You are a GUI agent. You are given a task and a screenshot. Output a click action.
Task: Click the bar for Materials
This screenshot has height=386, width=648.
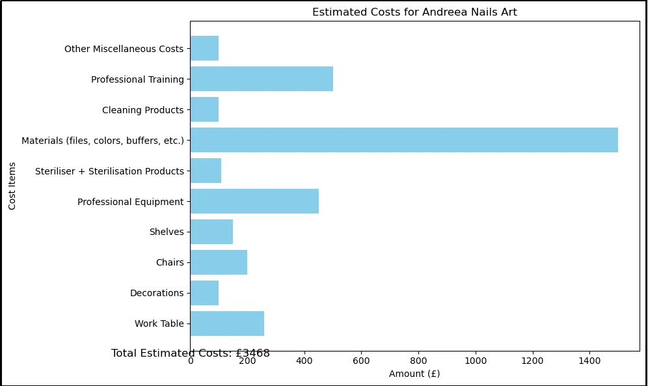pyautogui.click(x=403, y=140)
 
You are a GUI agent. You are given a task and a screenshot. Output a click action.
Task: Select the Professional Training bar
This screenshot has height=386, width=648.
pyautogui.click(x=262, y=79)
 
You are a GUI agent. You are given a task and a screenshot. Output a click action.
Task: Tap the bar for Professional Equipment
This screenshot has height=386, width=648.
pyautogui.click(x=254, y=201)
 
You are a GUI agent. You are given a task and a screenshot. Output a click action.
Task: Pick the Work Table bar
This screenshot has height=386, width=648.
pyautogui.click(x=227, y=324)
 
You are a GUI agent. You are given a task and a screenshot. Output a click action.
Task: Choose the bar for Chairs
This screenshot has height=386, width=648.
pyautogui.click(x=219, y=262)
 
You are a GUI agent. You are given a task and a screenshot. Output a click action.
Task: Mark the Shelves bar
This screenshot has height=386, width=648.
pyautogui.click(x=211, y=232)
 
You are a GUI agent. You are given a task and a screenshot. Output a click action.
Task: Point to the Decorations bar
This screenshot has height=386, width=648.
pyautogui.click(x=204, y=293)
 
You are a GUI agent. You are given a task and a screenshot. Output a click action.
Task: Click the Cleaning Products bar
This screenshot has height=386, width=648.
pyautogui.click(x=204, y=109)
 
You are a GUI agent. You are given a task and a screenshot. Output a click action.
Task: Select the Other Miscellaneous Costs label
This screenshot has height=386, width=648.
pyautogui.click(x=124, y=49)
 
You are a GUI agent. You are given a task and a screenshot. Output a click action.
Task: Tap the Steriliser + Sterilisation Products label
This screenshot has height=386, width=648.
pyautogui.click(x=109, y=171)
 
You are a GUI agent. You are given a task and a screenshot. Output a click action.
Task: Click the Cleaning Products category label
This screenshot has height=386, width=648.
pyautogui.click(x=142, y=110)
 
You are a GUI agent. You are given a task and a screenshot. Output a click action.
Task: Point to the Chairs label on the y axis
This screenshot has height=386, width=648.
pyautogui.click(x=169, y=263)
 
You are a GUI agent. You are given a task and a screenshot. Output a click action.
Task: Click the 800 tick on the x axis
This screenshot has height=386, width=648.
pyautogui.click(x=418, y=360)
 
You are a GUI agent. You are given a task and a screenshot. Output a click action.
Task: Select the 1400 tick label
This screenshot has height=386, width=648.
pyautogui.click(x=589, y=360)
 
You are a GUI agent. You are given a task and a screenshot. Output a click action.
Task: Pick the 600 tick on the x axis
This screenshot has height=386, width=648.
pyautogui.click(x=361, y=360)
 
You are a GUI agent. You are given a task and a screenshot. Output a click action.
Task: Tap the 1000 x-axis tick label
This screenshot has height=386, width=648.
pyautogui.click(x=475, y=360)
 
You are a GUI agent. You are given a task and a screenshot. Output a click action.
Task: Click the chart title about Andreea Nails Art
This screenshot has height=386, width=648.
pyautogui.click(x=414, y=12)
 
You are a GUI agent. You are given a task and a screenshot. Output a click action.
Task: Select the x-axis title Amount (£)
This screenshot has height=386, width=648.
pyautogui.click(x=414, y=374)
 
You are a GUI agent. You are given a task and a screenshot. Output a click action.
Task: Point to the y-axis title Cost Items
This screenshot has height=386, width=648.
pyautogui.click(x=12, y=186)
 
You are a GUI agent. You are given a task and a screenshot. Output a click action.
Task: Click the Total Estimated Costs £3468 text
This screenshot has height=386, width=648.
pyautogui.click(x=190, y=353)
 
